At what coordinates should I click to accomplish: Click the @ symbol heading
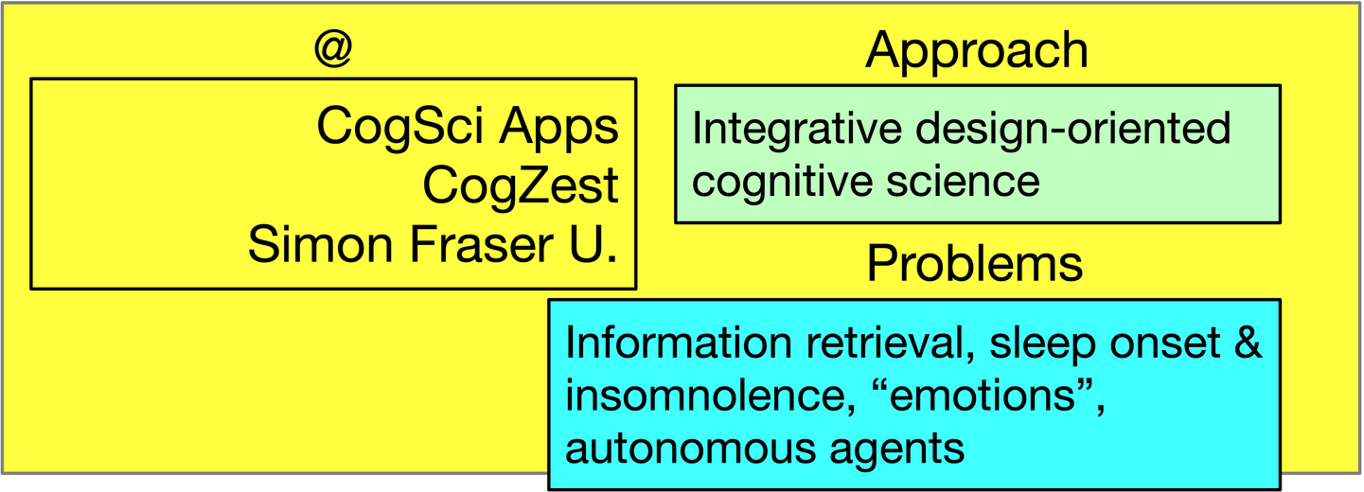333,48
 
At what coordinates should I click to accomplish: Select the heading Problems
975,263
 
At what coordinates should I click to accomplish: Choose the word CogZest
521,185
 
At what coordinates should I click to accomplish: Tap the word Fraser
482,245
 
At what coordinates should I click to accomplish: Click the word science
964,182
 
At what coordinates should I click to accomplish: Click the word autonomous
689,449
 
